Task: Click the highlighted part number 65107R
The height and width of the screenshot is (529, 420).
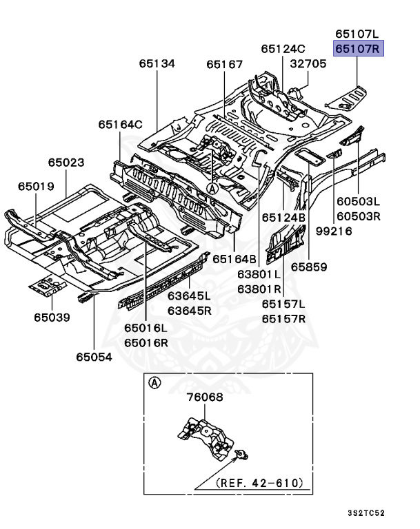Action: (x=358, y=49)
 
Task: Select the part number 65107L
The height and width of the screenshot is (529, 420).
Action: (x=358, y=34)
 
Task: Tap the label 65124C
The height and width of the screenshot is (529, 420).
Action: (x=283, y=49)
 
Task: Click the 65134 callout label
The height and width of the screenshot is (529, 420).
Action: (x=157, y=63)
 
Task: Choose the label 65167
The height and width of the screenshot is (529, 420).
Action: (x=224, y=64)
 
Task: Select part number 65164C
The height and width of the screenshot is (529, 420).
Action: (x=120, y=125)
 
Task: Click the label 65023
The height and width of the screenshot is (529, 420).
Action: (x=66, y=163)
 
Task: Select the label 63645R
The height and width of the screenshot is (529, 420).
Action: (x=189, y=311)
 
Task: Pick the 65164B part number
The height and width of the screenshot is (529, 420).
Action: (x=234, y=259)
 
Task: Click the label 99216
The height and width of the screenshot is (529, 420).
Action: (x=334, y=231)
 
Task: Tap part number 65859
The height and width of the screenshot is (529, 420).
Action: (x=309, y=267)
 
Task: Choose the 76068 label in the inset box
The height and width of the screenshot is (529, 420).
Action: (x=205, y=397)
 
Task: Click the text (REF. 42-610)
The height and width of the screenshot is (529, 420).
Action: (x=259, y=482)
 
